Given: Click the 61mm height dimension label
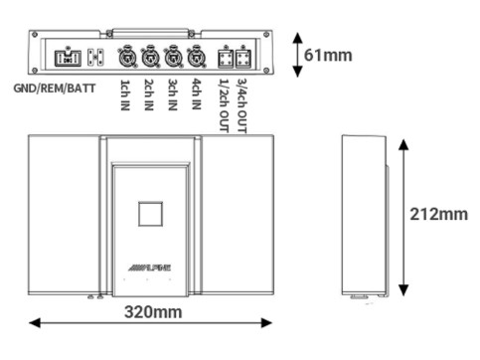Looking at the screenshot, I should [328, 55].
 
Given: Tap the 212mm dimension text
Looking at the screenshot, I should [438, 214].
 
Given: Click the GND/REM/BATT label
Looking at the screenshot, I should [55, 88].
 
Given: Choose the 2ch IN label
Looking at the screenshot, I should [149, 95].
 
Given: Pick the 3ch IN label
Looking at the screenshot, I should [173, 95].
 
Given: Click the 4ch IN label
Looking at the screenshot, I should [196, 95].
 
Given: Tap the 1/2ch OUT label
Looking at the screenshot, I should [224, 102].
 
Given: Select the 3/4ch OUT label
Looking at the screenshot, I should [242, 102].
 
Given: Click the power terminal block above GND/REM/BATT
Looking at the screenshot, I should [72, 56].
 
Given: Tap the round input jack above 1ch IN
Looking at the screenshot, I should [126, 56].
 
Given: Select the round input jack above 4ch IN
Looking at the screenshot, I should [196, 56].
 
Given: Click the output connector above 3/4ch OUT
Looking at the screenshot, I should [243, 56].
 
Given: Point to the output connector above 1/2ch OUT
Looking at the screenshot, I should [225, 56].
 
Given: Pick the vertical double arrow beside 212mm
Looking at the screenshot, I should [402, 216].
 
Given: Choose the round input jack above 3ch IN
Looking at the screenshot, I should [173, 56].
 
